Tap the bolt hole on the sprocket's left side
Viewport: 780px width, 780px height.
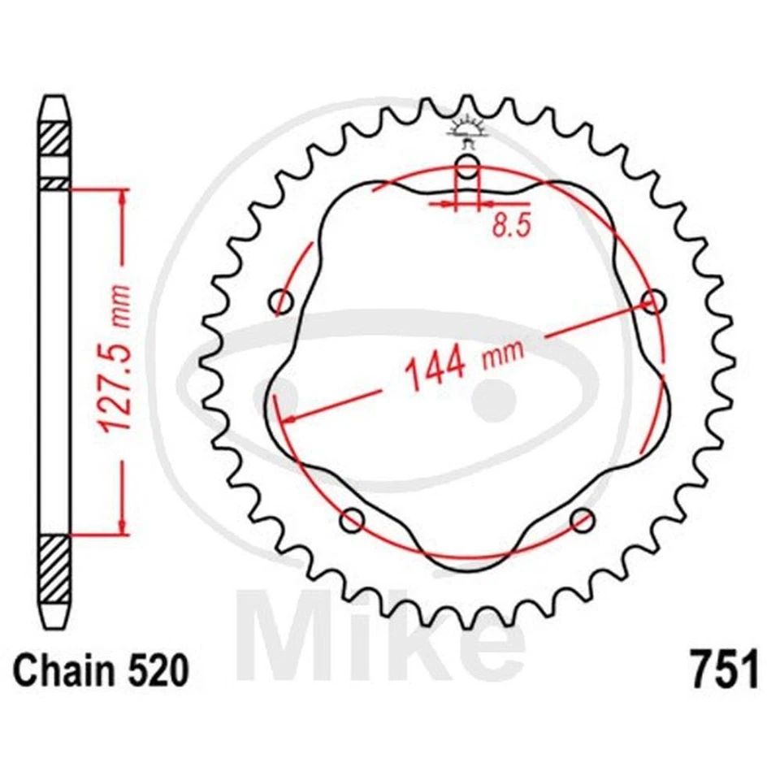click(x=282, y=302)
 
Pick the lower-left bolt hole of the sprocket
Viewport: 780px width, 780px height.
click(x=353, y=519)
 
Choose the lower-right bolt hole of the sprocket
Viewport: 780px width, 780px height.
click(x=582, y=519)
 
